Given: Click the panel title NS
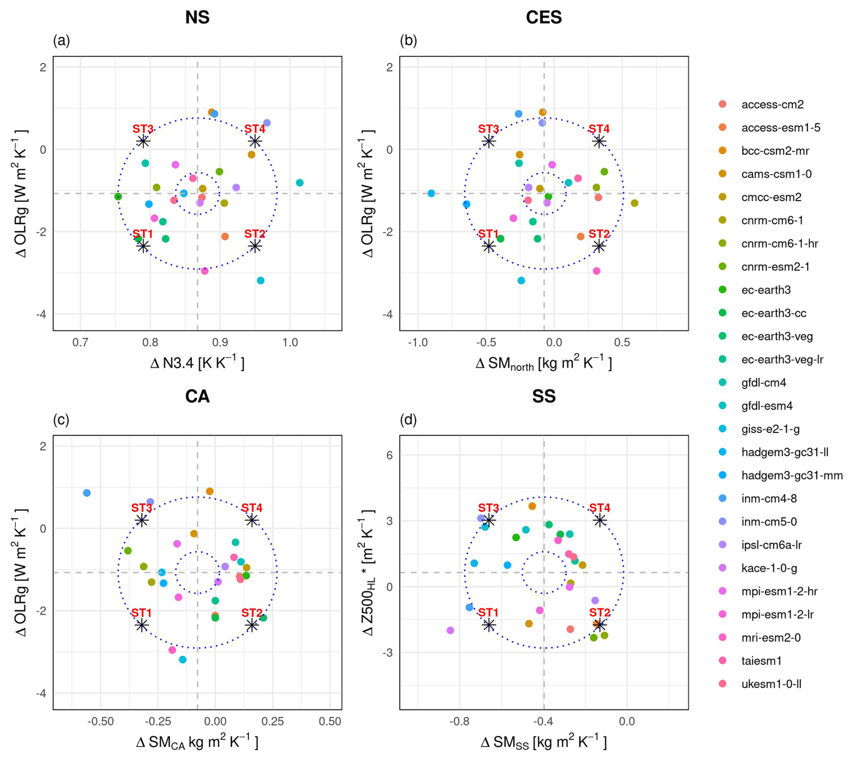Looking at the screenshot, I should (x=197, y=18).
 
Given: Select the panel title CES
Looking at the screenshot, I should (x=544, y=18).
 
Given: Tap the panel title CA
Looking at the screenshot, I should (x=197, y=396).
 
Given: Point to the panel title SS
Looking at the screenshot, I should (x=544, y=396).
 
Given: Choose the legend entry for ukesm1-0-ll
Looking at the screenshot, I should (x=771, y=684).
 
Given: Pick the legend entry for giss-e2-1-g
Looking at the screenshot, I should (x=770, y=429).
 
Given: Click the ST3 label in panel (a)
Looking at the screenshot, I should (x=143, y=129).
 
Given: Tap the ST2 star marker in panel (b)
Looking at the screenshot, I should (x=598, y=246).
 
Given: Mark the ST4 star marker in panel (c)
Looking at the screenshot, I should (x=252, y=520).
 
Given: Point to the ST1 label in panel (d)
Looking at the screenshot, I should (x=489, y=613).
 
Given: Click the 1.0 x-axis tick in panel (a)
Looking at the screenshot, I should (x=290, y=343).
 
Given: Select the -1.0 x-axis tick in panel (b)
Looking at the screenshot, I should (x=417, y=343).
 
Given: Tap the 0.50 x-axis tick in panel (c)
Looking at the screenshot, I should (x=330, y=722).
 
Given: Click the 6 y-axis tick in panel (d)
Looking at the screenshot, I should (x=390, y=455).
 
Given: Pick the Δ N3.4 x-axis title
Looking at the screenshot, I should (x=197, y=363).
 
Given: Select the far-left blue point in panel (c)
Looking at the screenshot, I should (x=87, y=493).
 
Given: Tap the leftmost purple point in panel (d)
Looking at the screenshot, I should (x=450, y=630).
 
